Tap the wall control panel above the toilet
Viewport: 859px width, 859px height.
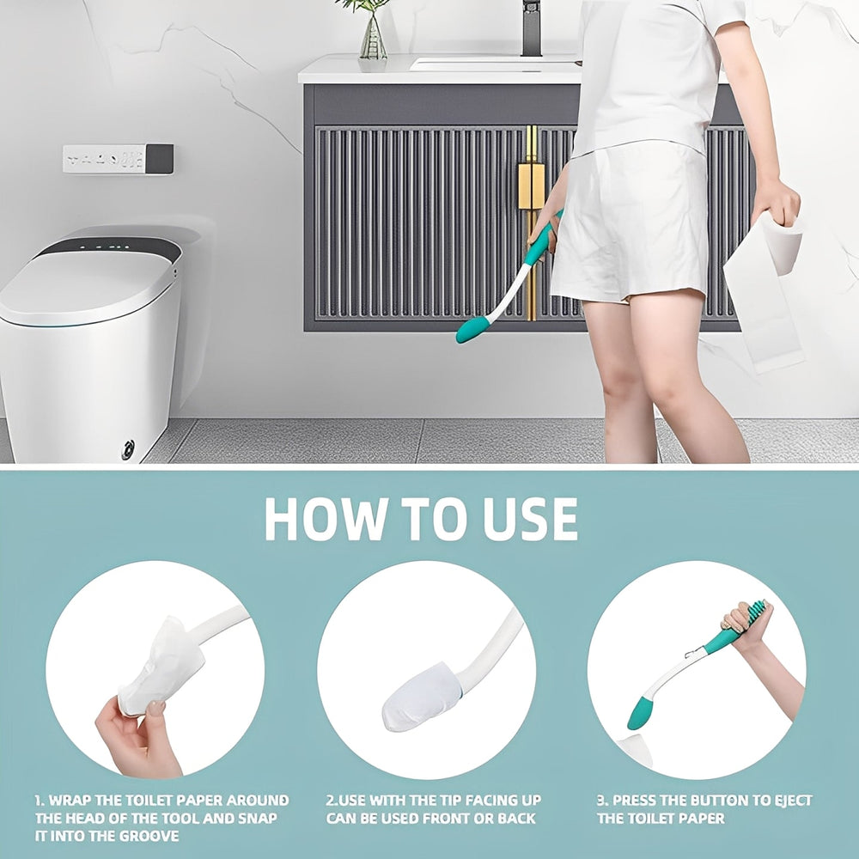[x=118, y=159]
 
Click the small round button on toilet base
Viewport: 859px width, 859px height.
[x=128, y=448]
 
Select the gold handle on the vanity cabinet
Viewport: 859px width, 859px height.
[x=531, y=185]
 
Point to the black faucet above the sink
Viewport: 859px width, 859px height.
[x=531, y=26]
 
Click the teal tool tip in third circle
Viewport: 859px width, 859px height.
[x=640, y=713]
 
